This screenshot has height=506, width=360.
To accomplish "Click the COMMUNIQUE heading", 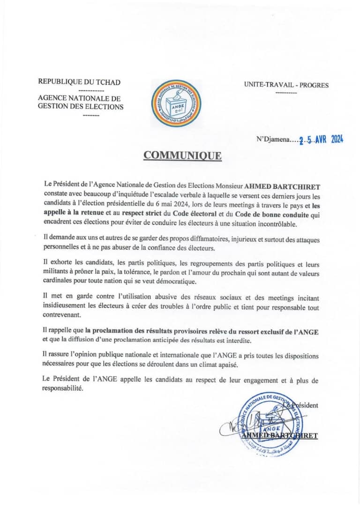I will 182,156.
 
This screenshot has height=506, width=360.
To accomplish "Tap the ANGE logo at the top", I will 176,103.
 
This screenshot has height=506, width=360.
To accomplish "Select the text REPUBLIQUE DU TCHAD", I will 79,82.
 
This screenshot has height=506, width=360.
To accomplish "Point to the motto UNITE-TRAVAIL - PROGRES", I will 286,85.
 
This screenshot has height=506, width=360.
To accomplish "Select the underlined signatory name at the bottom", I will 280,435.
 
